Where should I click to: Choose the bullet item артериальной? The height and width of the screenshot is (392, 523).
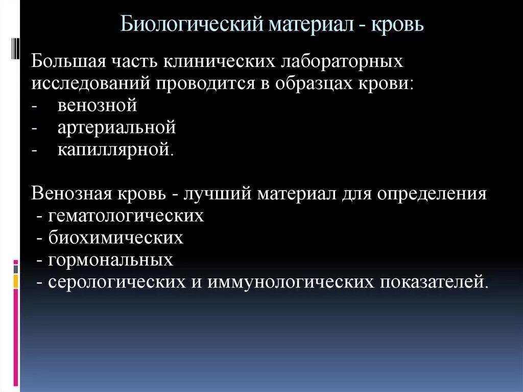116,128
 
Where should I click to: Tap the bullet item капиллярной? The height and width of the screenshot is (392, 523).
115,150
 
